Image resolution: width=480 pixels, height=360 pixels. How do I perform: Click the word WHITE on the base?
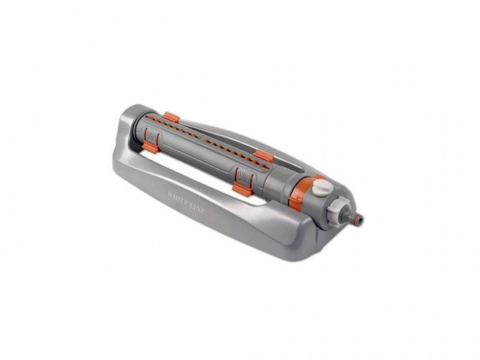point(178,198)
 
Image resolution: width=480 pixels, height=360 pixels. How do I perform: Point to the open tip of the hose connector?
point(362,219)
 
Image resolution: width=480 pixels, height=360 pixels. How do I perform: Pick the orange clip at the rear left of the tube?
point(171,117)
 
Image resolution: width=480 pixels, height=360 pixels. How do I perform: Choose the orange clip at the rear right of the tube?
point(263,155)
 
